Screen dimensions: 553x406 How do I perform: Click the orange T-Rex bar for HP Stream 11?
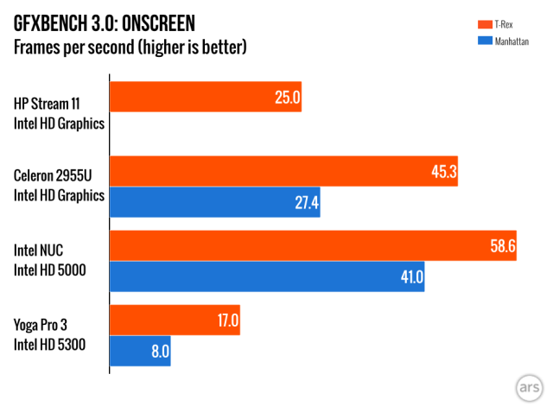tap(206, 97)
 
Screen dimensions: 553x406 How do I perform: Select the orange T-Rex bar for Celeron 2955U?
tap(284, 171)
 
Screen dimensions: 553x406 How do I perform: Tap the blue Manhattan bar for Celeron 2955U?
tap(215, 202)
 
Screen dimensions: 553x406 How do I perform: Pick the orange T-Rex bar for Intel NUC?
tap(313, 245)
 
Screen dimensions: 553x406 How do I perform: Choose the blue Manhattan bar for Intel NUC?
tap(267, 276)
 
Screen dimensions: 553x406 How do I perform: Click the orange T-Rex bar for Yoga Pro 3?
tap(175, 320)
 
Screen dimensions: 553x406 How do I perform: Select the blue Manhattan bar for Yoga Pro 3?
tap(140, 351)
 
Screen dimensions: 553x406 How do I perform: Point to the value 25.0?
tap(288, 98)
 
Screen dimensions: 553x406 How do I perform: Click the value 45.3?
tap(444, 172)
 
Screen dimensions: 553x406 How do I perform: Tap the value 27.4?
tap(307, 203)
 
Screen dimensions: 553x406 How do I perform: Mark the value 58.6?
tap(503, 246)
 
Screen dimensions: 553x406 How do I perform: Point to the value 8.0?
tap(161, 352)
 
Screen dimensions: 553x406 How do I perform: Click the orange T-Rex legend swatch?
tap(485, 24)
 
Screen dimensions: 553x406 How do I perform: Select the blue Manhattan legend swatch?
tap(485, 41)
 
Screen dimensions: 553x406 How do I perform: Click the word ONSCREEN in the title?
tap(158, 23)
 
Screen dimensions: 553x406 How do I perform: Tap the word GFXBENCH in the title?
tap(51, 23)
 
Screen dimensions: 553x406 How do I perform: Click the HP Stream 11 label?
tap(47, 104)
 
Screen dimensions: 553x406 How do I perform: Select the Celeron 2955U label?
tap(53, 175)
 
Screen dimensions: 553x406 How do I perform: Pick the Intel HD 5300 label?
tap(50, 345)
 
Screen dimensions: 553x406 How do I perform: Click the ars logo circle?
tap(529, 388)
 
